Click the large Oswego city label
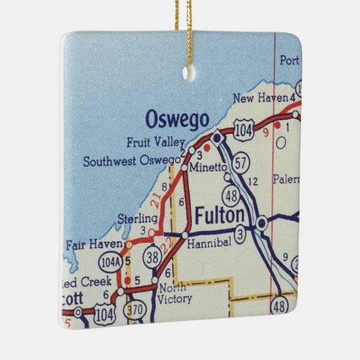[177, 120]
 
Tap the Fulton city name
[219, 216]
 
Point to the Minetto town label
[206, 167]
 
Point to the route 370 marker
[134, 309]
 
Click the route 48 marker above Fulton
[232, 196]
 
